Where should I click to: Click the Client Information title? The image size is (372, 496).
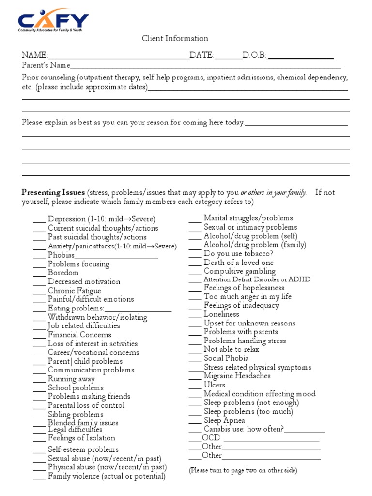pos(175,39)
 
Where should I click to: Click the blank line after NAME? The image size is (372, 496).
pos(118,56)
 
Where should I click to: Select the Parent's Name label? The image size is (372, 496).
pos(46,65)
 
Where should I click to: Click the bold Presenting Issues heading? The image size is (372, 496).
pos(53,193)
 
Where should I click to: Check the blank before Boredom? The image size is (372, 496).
pos(39,273)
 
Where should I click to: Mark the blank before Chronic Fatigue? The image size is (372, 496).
pos(39,291)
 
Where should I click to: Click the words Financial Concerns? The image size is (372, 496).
pos(79,335)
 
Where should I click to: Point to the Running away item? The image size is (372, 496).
pos(71,379)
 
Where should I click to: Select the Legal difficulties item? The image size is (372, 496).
pos(75,430)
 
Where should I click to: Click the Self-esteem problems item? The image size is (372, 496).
pos(83,449)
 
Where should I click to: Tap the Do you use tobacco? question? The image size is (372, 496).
pos(238,253)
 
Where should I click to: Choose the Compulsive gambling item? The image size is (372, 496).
pos(239,271)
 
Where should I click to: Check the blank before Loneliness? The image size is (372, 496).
pos(195,315)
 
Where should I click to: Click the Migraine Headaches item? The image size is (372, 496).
pos(237,376)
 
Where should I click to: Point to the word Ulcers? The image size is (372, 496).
pos(214,385)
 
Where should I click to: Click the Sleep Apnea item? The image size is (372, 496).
pos(224,420)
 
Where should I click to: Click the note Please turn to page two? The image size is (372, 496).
pos(243,470)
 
